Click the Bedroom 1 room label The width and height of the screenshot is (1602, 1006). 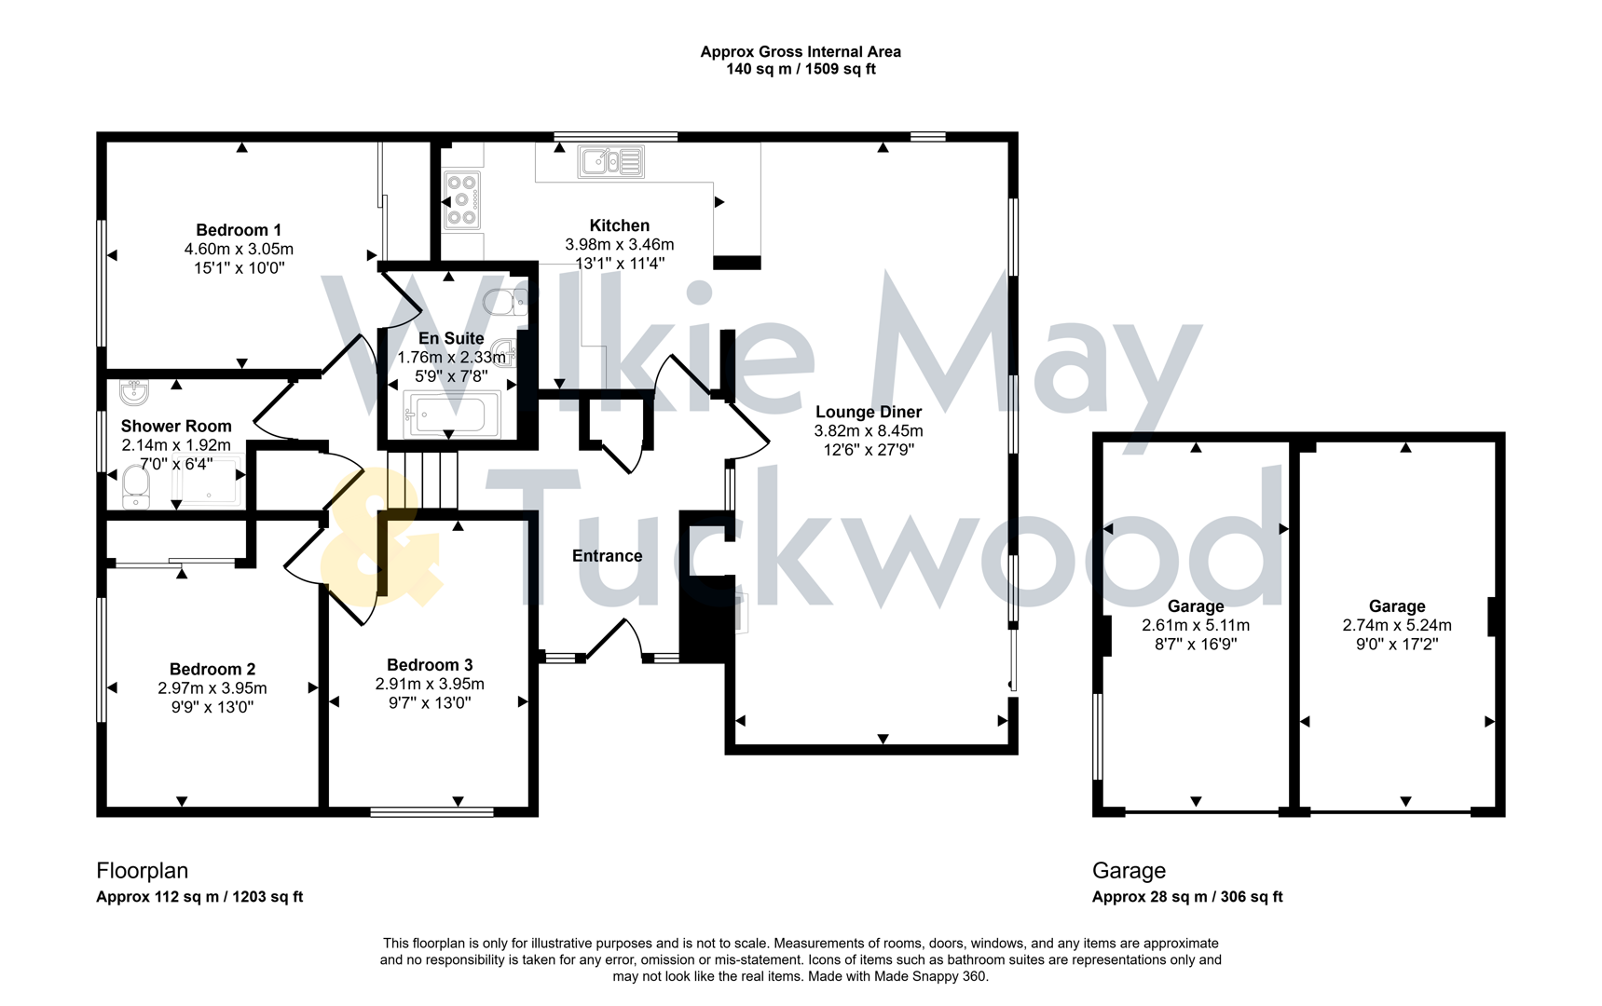tap(239, 230)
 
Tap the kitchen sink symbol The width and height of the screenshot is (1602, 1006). tap(610, 161)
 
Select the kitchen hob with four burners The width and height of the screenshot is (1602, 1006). tap(461, 199)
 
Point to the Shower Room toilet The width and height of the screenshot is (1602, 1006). tap(136, 487)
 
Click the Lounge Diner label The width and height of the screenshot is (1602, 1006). tap(869, 412)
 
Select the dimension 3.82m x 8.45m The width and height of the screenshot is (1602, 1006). tap(869, 430)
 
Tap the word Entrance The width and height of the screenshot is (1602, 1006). tap(607, 556)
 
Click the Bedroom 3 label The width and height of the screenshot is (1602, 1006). tap(430, 665)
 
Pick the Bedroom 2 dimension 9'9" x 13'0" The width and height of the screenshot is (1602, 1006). tap(212, 707)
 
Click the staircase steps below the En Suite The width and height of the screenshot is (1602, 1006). tap(423, 479)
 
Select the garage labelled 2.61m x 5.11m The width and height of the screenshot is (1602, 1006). tap(1196, 625)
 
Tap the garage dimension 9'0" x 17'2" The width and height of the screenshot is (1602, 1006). tap(1397, 644)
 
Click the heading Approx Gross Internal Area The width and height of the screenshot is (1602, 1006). tap(801, 52)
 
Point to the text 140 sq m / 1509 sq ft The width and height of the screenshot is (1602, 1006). tap(801, 69)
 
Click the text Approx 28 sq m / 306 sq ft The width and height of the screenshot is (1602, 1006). tap(1187, 897)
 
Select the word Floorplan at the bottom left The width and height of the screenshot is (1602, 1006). tap(143, 871)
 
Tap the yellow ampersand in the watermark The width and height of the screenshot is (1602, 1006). tap(377, 540)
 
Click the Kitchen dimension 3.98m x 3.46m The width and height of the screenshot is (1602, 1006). tap(620, 244)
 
